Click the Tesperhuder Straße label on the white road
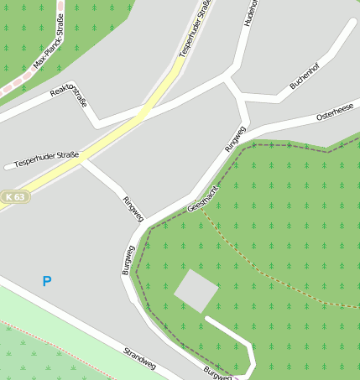pyautogui.click(x=48, y=157)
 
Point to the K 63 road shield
pyautogui.click(x=14, y=197)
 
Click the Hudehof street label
pyautogui.click(x=248, y=12)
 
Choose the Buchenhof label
pyautogui.click(x=305, y=75)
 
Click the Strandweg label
pyautogui.click(x=139, y=358)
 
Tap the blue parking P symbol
pyautogui.click(x=47, y=282)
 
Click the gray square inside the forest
pyautogui.click(x=196, y=290)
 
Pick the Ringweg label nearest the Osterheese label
pyautogui.click(x=235, y=138)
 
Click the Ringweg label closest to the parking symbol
pyautogui.click(x=133, y=209)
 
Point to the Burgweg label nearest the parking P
pyautogui.click(x=128, y=260)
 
